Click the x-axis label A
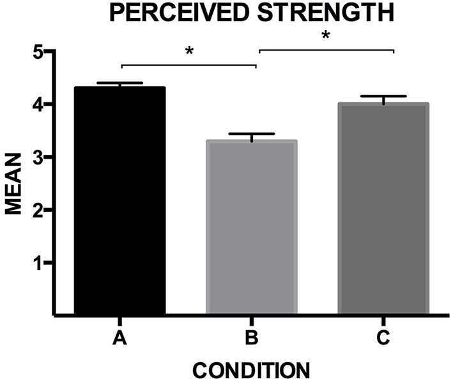pos(119,338)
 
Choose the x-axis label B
pos(251,338)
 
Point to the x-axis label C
pos(383,338)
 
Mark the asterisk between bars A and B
pos(189,51)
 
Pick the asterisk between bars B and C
pos(325,36)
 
